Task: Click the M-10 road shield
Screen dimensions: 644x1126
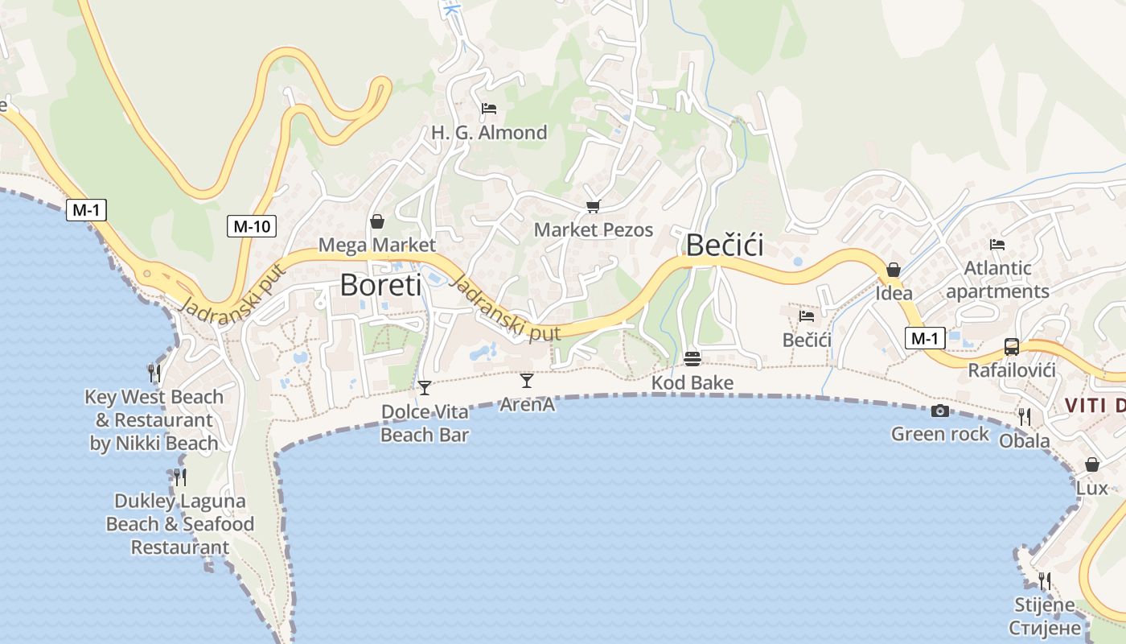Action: tap(251, 226)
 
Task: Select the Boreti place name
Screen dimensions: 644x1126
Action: tap(380, 285)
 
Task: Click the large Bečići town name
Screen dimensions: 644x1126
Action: tap(725, 246)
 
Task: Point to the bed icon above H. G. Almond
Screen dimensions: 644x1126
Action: tap(488, 109)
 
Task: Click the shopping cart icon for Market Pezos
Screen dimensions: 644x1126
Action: tap(593, 207)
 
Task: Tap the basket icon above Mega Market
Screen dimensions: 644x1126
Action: tap(376, 221)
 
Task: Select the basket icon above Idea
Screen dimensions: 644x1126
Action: tap(893, 270)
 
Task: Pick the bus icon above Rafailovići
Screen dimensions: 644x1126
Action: tap(1011, 347)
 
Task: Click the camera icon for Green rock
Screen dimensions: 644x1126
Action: tap(939, 411)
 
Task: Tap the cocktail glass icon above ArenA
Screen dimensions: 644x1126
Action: tap(527, 380)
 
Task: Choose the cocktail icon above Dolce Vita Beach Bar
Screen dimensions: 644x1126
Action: tap(425, 388)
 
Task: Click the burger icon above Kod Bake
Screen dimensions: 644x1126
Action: tap(692, 358)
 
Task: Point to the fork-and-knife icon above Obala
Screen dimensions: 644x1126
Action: tap(1024, 416)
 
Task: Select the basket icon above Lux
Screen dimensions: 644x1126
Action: tap(1091, 464)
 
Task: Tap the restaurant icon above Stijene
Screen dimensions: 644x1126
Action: tap(1044, 580)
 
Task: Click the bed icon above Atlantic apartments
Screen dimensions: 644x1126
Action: tap(997, 245)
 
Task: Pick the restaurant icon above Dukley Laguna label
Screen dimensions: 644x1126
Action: tap(179, 477)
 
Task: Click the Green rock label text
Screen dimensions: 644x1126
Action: tap(939, 434)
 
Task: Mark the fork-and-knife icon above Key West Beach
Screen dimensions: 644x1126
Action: tap(154, 373)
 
